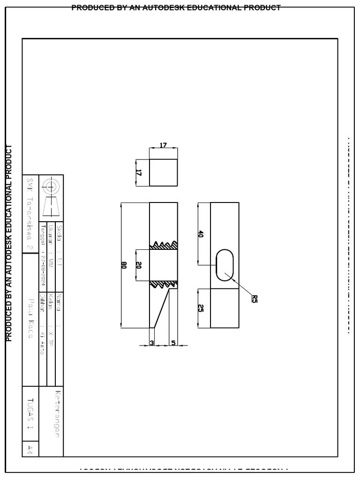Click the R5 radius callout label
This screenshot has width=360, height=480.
pyautogui.click(x=255, y=298)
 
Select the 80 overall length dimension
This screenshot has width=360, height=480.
pyautogui.click(x=124, y=265)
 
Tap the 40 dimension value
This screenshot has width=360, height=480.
pyautogui.click(x=201, y=234)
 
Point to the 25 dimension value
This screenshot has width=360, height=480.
pyautogui.click(x=201, y=308)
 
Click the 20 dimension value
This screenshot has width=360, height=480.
pyautogui.click(x=139, y=265)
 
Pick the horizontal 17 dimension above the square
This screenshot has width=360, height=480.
pyautogui.click(x=163, y=145)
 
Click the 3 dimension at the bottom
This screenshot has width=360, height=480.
pyautogui.click(x=152, y=343)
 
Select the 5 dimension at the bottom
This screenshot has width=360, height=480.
pyautogui.click(x=173, y=343)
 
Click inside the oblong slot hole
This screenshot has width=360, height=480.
pyautogui.click(x=225, y=265)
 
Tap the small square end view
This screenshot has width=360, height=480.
pyautogui.click(x=163, y=172)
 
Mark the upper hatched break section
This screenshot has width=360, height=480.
pyautogui.click(x=164, y=245)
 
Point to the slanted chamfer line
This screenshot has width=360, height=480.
pyautogui.click(x=161, y=307)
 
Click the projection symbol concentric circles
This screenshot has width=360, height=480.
pyautogui.click(x=51, y=187)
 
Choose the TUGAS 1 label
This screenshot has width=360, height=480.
pyautogui.click(x=30, y=413)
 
